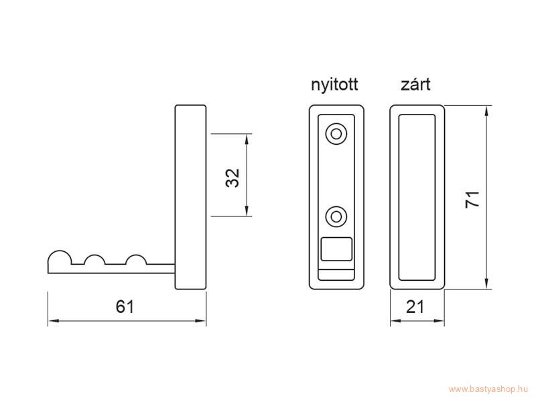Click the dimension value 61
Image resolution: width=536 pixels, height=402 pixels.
(x=125, y=306)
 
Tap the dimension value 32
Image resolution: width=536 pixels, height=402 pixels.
(x=232, y=178)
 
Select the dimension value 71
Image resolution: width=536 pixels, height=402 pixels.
(x=473, y=200)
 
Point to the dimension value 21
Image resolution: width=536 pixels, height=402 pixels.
(x=415, y=306)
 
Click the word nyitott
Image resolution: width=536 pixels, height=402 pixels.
(x=334, y=84)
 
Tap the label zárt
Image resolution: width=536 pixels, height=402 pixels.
(x=415, y=84)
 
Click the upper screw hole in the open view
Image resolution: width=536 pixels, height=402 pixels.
(x=336, y=134)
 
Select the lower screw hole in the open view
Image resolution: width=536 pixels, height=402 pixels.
(x=336, y=216)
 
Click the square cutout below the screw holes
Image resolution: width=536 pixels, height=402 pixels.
(x=336, y=249)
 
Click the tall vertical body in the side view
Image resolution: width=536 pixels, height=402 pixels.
(x=191, y=197)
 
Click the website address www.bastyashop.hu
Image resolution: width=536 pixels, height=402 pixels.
(x=488, y=389)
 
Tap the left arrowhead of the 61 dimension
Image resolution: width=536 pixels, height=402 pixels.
(x=54, y=321)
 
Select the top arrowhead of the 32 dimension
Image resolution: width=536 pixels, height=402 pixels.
(x=247, y=139)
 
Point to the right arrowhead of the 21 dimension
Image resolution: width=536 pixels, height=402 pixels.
(x=439, y=321)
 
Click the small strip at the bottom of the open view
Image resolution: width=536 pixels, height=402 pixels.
(x=336, y=275)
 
